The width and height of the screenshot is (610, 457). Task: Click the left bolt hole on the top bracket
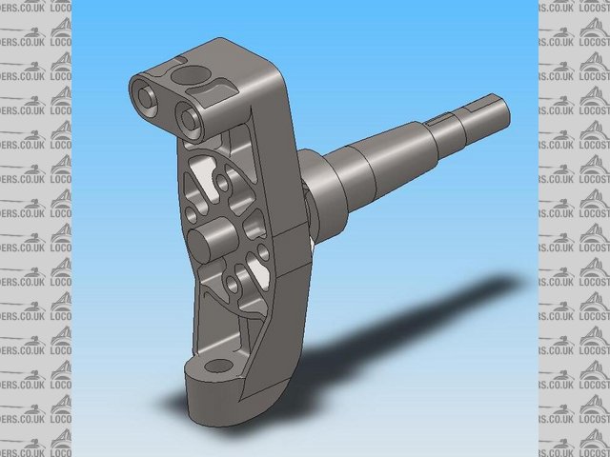(146, 95)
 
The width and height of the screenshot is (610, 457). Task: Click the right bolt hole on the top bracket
(188, 118)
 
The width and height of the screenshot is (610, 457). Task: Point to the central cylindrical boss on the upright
(211, 239)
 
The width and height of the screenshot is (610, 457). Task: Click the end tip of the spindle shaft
(503, 113)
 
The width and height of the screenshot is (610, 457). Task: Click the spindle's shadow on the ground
(429, 314)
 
